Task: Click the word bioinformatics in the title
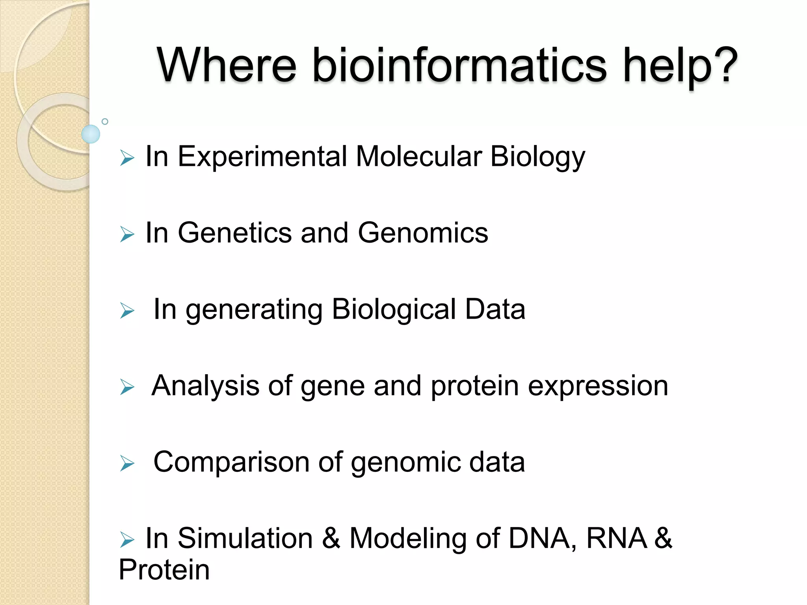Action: pyautogui.click(x=459, y=65)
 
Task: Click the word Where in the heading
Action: pyautogui.click(x=227, y=65)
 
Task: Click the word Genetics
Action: pyautogui.click(x=234, y=233)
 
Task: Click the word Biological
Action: pyautogui.click(x=394, y=309)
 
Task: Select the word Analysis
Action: pyautogui.click(x=205, y=386)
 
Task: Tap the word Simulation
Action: pyautogui.click(x=245, y=538)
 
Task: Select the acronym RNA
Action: pyautogui.click(x=617, y=538)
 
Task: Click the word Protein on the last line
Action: pyautogui.click(x=164, y=570)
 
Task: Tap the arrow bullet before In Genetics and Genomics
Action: pyautogui.click(x=127, y=234)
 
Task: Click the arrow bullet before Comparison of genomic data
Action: pyautogui.click(x=127, y=463)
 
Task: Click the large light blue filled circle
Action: pyautogui.click(x=91, y=134)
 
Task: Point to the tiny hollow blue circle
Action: pyautogui.click(x=105, y=121)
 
